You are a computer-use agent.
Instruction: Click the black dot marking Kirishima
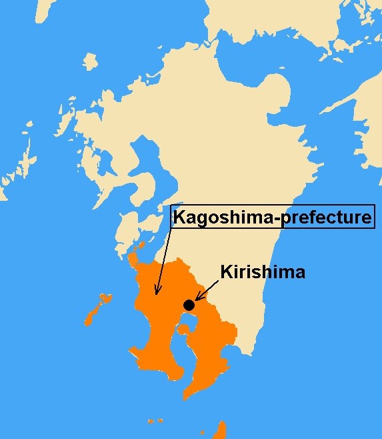189,305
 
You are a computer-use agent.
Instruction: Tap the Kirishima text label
263,272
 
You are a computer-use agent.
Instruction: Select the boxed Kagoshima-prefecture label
272,217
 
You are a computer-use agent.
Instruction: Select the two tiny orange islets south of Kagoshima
155,421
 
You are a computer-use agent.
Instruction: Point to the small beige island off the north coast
91,62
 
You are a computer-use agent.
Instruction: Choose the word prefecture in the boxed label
325,217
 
